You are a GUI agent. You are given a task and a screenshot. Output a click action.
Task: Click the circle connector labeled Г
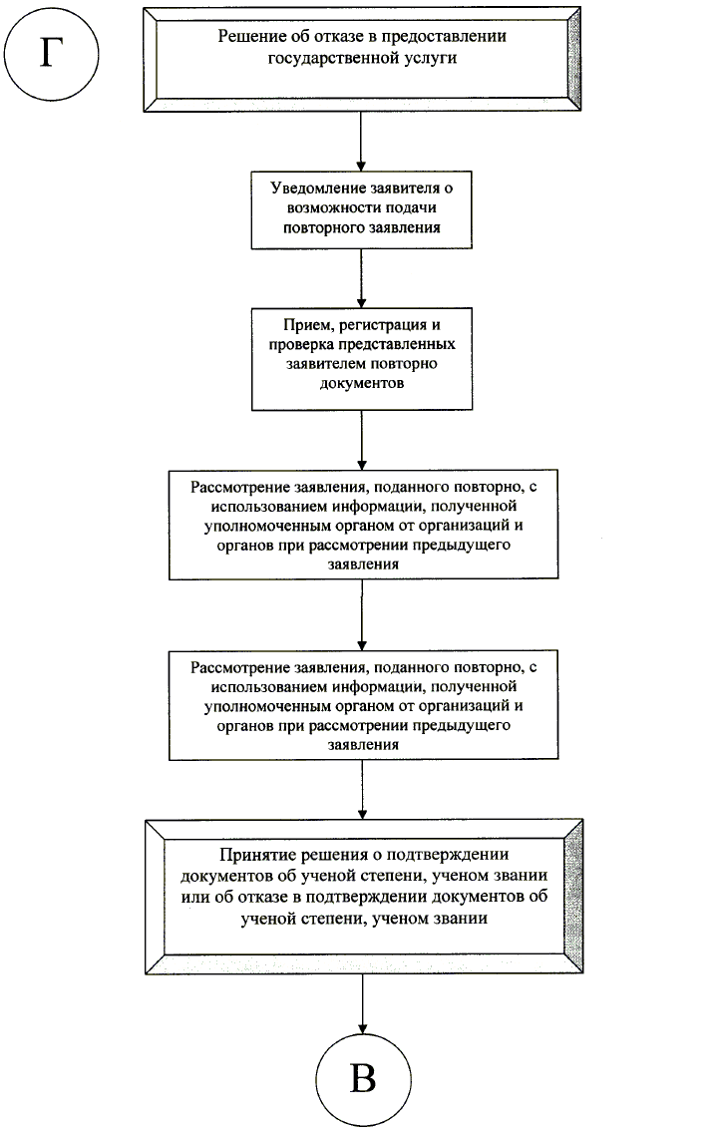(x=49, y=53)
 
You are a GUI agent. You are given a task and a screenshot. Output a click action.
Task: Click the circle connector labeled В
(x=363, y=1079)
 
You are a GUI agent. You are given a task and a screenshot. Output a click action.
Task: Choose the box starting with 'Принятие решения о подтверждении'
(x=361, y=888)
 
